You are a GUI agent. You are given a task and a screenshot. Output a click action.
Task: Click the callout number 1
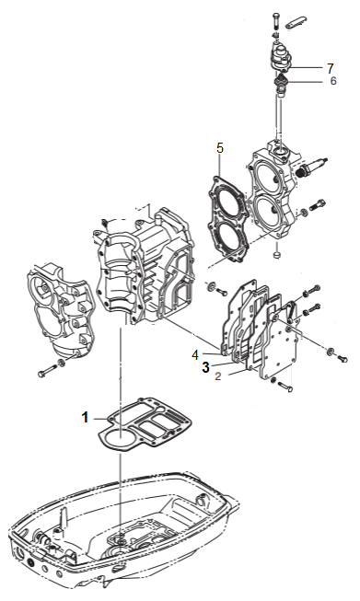pyautogui.click(x=85, y=417)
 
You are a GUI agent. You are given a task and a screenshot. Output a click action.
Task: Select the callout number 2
pyautogui.click(x=218, y=376)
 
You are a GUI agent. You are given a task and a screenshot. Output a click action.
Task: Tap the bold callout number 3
pyautogui.click(x=206, y=367)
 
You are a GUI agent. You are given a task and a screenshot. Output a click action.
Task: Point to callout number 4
pyautogui.click(x=195, y=355)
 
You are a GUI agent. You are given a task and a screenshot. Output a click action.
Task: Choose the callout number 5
pyautogui.click(x=220, y=148)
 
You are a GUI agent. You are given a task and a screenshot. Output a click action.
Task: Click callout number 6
pyautogui.click(x=333, y=81)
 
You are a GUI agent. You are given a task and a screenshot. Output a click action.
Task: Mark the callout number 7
pyautogui.click(x=331, y=68)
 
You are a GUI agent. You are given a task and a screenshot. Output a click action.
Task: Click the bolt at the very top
pyautogui.click(x=275, y=20)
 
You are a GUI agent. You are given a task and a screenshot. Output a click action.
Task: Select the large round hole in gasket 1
pyautogui.click(x=120, y=438)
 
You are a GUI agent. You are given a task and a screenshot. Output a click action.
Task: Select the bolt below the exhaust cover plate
pyautogui.click(x=285, y=386)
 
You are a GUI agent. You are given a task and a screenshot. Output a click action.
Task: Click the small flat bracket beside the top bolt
pyautogui.click(x=296, y=23)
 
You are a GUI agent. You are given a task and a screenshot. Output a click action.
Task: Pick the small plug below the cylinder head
pyautogui.click(x=276, y=256)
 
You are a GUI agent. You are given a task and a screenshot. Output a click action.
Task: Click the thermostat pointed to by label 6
pyautogui.click(x=282, y=85)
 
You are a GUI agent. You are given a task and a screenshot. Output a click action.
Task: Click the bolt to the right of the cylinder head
pyautogui.click(x=318, y=204)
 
